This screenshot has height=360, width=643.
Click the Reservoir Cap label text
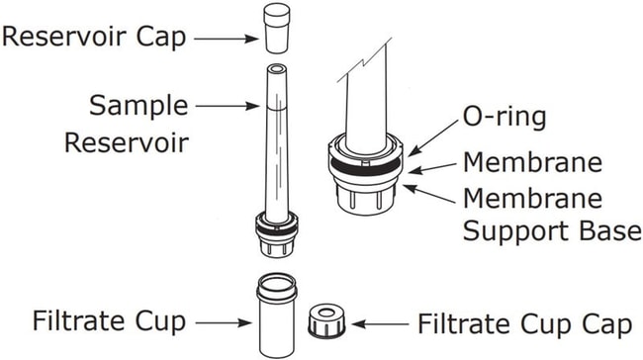pos(94,37)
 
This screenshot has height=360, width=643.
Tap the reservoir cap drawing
pos(277,28)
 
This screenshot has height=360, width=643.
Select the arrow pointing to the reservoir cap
pos(226,39)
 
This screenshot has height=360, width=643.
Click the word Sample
pos(138,106)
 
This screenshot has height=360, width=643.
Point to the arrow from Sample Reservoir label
pos(228,106)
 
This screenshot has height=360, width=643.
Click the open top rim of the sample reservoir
pos(277,68)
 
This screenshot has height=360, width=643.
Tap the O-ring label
pos(505,118)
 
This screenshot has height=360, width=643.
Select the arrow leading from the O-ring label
pos(433,138)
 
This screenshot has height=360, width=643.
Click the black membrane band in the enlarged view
pos(365,166)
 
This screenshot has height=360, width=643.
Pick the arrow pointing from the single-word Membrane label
pos(432,168)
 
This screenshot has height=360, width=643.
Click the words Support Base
pos(552,230)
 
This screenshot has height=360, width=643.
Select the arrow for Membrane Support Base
pos(429,194)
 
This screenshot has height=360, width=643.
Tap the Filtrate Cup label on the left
pos(109,321)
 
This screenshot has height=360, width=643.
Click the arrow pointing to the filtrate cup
pos(224,323)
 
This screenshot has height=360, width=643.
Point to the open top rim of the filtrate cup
pos(277,283)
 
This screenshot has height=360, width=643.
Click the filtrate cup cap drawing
pos(326,321)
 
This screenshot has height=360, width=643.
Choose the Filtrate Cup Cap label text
pos(525,324)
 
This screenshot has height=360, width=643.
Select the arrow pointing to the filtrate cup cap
pos(380,324)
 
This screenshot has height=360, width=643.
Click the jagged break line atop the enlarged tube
pos(364,60)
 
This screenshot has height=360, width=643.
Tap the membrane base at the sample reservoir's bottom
pos(277,234)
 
